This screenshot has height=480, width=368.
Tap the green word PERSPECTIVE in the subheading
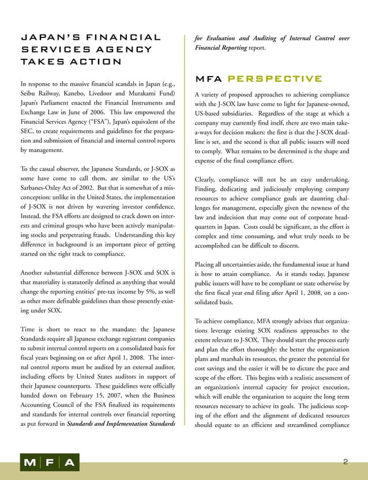point(275,78)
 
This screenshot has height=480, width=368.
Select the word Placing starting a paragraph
point(208,264)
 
